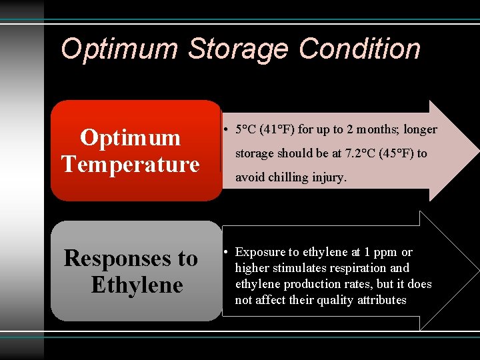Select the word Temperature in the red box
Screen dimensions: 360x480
(x=130, y=164)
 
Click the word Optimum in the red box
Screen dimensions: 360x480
(x=130, y=137)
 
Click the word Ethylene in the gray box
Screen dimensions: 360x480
(x=137, y=285)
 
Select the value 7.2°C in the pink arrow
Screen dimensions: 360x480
(x=358, y=153)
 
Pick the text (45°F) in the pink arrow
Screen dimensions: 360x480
(x=397, y=153)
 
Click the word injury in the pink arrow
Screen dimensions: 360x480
(x=329, y=177)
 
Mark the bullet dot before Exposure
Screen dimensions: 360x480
(x=227, y=252)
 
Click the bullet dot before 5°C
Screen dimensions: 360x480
(x=227, y=129)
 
